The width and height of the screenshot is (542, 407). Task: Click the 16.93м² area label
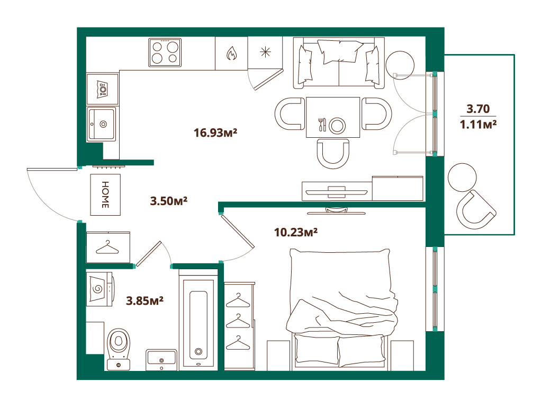point(215,132)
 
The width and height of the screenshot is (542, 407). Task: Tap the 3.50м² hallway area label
point(169,201)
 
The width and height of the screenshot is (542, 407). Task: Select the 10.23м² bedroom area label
point(296,232)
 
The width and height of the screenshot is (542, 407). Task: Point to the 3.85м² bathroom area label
point(144,300)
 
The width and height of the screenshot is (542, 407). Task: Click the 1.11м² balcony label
point(478,124)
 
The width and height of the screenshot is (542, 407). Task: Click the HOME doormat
point(105,194)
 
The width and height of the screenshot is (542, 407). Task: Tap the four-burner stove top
point(165,52)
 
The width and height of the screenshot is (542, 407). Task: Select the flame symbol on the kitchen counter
point(232,54)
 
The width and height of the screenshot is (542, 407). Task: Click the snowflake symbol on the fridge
point(265,52)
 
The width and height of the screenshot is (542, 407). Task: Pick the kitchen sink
point(101,124)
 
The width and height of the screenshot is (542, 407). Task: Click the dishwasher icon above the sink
point(102,89)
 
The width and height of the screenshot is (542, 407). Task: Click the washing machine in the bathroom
point(100,289)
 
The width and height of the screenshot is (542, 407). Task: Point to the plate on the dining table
point(337,125)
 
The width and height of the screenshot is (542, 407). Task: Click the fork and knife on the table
point(322,125)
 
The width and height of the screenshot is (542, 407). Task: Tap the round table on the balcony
point(462,178)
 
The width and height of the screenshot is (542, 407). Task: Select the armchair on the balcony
point(476,210)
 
